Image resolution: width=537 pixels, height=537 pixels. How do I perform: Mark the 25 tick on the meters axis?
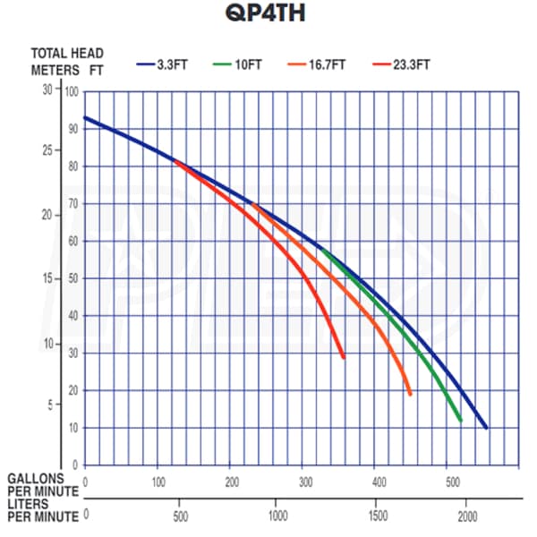[x=49, y=149]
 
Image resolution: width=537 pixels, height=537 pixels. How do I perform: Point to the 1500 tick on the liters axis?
[x=375, y=516]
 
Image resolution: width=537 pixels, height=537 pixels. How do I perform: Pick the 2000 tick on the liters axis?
[x=467, y=516]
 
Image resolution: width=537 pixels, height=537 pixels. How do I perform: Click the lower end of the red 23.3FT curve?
[x=344, y=357]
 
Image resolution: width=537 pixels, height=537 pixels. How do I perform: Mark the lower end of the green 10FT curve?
[x=460, y=420]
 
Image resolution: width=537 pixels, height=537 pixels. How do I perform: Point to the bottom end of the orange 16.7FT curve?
[x=410, y=394]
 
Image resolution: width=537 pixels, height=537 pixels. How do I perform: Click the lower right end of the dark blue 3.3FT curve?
[x=486, y=428]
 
